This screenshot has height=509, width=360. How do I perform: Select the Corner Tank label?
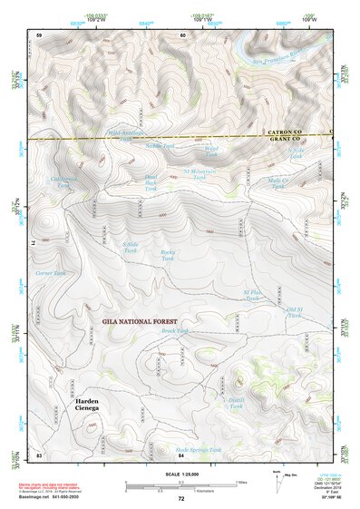(x=51, y=273)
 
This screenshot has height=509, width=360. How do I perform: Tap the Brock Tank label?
(x=174, y=331)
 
